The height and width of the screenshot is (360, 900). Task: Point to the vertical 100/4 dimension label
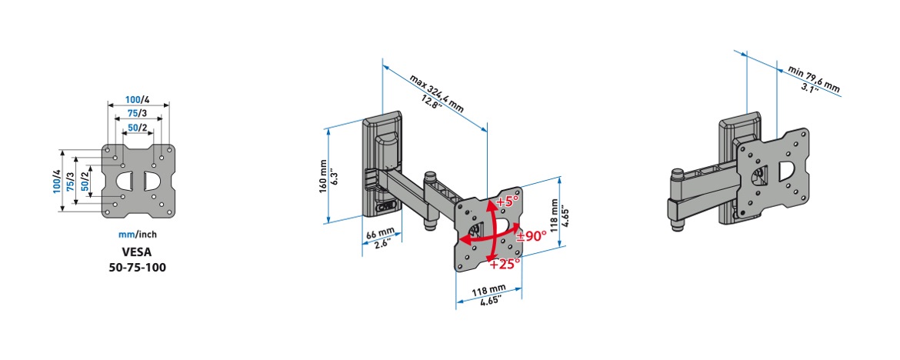click(56, 181)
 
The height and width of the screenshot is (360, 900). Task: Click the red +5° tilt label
click(507, 202)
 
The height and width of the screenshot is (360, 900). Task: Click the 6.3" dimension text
click(335, 176)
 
